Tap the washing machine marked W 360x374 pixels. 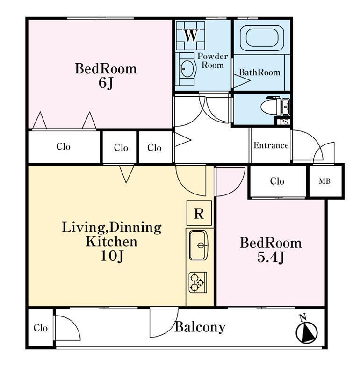(x=190, y=36)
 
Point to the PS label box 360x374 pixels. (x=283, y=122)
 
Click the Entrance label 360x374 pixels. (x=271, y=145)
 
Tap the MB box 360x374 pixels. (x=325, y=181)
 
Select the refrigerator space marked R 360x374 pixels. (x=199, y=213)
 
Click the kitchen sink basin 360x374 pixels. (x=199, y=245)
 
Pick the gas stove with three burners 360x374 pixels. (x=198, y=282)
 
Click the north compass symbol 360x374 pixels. (x=306, y=331)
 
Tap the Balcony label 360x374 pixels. (x=200, y=327)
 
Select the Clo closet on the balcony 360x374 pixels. (x=40, y=328)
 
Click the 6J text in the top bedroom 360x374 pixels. (x=106, y=83)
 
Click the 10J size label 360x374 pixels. (x=112, y=256)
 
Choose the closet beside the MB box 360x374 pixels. (x=277, y=181)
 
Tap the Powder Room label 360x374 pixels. (x=213, y=61)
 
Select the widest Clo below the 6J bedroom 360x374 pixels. (x=64, y=146)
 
